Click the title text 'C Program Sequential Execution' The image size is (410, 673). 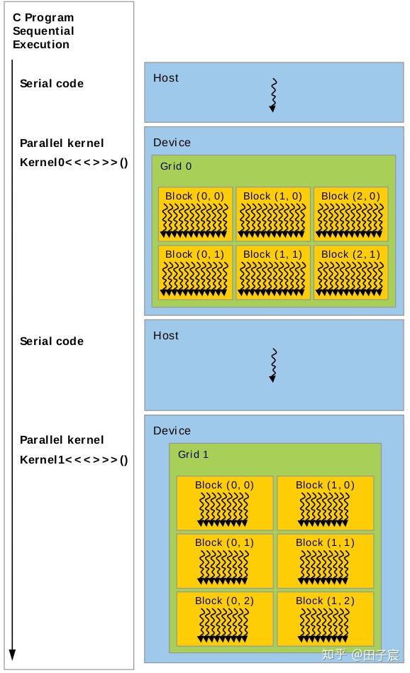click(x=43, y=31)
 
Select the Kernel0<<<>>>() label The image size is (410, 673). click(x=74, y=162)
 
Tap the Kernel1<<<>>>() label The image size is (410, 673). click(x=74, y=459)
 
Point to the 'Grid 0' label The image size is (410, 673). click(x=176, y=166)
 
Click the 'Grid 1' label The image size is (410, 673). click(x=193, y=454)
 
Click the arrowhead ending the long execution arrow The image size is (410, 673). click(x=12, y=654)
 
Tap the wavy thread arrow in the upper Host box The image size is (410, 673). click(x=273, y=95)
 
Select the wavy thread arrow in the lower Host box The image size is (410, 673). click(x=273, y=365)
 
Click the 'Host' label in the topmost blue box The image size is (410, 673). click(x=166, y=78)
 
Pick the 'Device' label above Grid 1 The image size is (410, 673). click(x=172, y=431)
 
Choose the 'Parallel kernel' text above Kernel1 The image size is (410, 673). click(x=62, y=440)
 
